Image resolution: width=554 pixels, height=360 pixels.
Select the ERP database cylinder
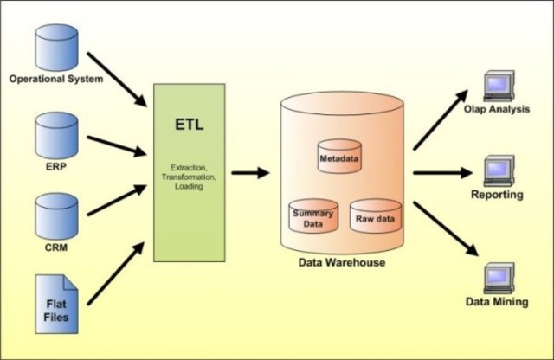tap(55, 132)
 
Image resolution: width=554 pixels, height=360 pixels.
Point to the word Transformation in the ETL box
tap(188, 176)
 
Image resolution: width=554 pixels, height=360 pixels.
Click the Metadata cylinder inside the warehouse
tap(338, 157)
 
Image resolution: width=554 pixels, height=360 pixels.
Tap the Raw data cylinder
tap(375, 216)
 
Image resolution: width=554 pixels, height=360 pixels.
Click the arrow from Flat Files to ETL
tap(116, 274)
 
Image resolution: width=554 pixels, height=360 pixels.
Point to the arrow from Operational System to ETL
tap(116, 77)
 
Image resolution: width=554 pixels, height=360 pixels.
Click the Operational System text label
tap(56, 80)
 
